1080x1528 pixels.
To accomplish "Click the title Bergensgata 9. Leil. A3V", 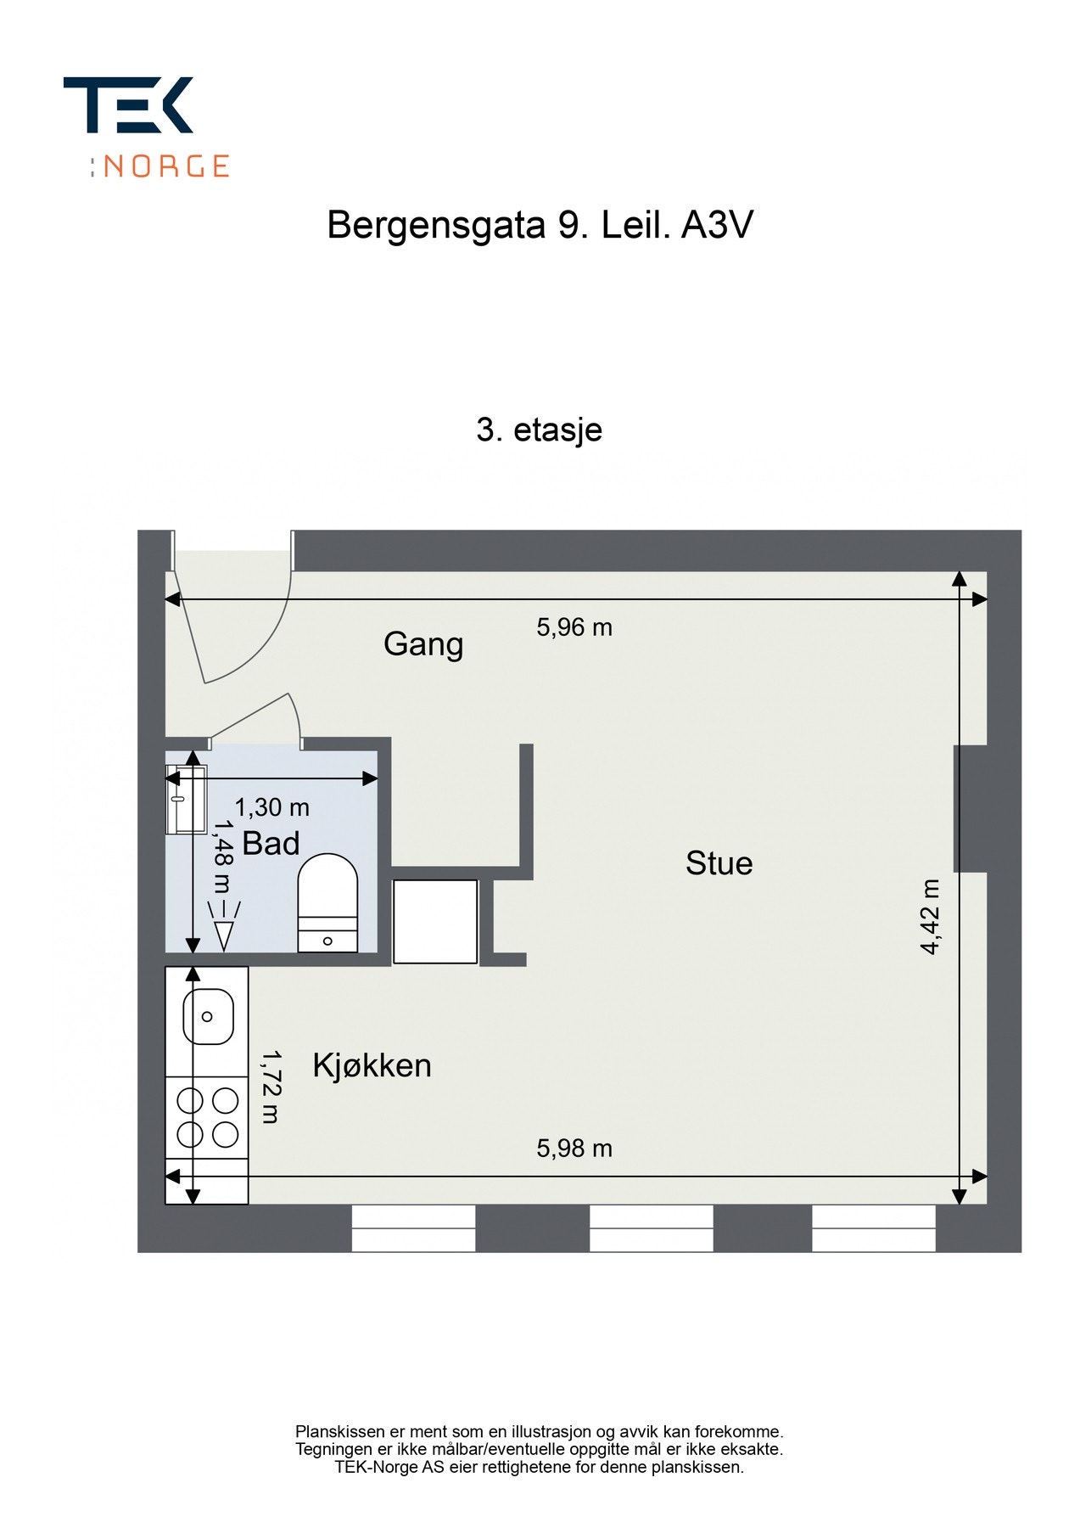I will click(x=540, y=226).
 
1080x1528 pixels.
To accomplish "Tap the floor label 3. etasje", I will click(x=539, y=430).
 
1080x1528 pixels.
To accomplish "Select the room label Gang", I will click(x=423, y=644).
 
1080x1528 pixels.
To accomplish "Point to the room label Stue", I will click(x=719, y=863).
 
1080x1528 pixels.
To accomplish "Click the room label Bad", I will click(x=271, y=844).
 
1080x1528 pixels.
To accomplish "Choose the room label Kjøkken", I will click(x=372, y=1065).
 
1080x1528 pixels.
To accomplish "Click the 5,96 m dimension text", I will click(x=574, y=627).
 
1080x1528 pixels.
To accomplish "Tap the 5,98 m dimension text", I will click(x=574, y=1149).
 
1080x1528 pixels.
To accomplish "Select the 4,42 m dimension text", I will click(x=931, y=917).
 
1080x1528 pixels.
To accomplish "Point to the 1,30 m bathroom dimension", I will click(x=271, y=807).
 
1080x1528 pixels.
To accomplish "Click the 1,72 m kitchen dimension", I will click(x=271, y=1087).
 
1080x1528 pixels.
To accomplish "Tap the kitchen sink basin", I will click(x=208, y=1016).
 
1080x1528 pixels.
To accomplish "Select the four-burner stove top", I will click(x=207, y=1117).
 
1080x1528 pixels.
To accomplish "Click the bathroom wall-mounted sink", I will click(x=186, y=799).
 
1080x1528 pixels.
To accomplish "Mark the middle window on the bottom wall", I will click(x=651, y=1228).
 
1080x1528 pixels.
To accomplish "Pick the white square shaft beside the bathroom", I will click(x=435, y=922).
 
